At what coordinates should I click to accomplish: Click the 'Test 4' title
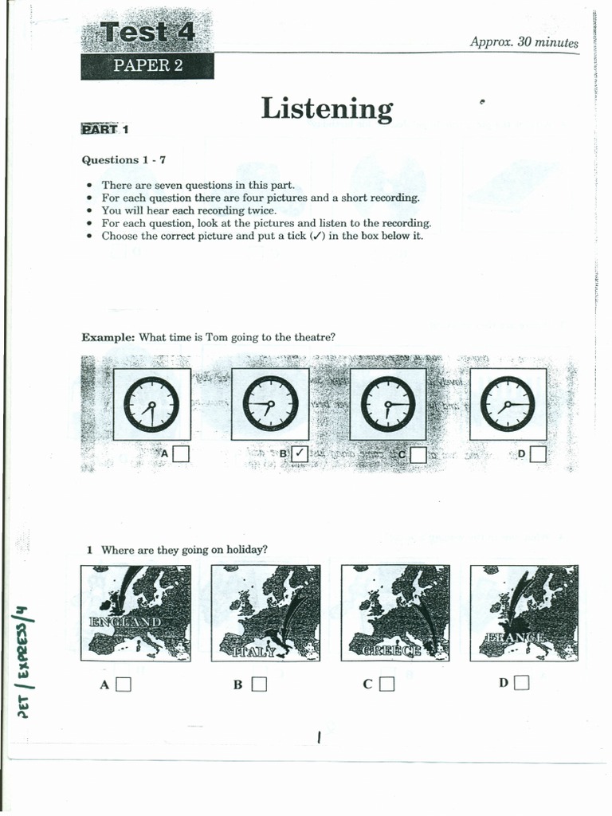(x=147, y=33)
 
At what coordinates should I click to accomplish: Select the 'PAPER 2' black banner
(x=147, y=66)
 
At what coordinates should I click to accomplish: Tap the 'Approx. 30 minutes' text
(x=524, y=42)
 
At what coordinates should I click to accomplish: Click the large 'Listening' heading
(x=327, y=109)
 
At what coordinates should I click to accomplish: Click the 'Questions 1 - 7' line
(x=124, y=159)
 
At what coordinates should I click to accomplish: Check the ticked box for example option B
(x=300, y=454)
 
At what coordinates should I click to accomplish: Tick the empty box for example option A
(x=181, y=454)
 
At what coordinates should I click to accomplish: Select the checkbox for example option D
(x=538, y=454)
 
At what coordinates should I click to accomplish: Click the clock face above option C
(x=388, y=404)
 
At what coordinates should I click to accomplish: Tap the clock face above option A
(x=151, y=404)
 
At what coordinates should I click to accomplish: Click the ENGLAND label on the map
(x=126, y=622)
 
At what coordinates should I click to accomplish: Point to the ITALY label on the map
(x=255, y=651)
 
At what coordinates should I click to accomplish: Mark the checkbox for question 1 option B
(x=258, y=684)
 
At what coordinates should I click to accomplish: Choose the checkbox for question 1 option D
(x=522, y=682)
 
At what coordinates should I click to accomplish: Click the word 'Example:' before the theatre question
(x=108, y=337)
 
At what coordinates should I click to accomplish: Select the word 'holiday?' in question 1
(x=246, y=550)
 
